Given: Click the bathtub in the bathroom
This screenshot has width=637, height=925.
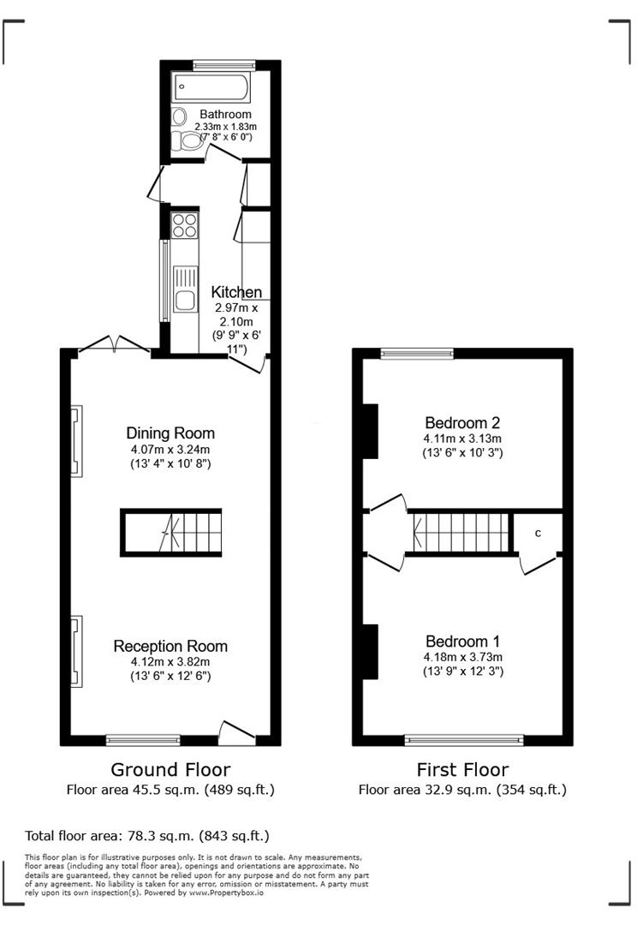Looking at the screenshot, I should pos(211,87).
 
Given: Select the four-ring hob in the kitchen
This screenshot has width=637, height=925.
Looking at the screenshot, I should pos(185,224).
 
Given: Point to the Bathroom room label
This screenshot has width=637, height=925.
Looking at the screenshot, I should pos(225,114).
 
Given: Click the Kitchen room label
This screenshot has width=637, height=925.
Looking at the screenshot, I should pos(236,293).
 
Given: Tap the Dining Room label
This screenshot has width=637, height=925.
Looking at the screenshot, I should pos(170,433).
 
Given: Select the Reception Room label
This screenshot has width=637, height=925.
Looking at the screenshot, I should pos(170,646).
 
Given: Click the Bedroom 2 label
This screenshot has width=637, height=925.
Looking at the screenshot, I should pos(462,422).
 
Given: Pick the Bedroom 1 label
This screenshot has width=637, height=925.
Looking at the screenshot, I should pos(462,641).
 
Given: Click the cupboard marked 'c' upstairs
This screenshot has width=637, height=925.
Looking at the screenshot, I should pos(538,534).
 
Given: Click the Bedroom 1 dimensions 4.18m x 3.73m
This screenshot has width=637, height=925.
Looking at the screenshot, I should pos(462,657).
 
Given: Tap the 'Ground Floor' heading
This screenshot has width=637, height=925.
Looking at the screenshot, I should pos(170,769).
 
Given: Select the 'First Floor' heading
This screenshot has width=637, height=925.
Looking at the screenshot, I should pos(462,769).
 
